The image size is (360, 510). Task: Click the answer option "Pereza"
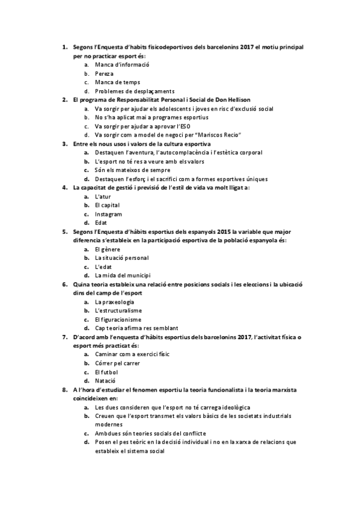[105, 73]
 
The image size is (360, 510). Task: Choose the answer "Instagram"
[109, 214]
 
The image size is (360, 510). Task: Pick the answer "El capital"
[107, 205]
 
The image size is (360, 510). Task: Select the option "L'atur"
[103, 197]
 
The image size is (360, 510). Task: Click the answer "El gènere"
[106, 249]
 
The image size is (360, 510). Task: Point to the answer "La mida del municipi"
[123, 275]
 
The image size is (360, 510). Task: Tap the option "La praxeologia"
[114, 301]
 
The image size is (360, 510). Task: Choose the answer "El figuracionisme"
[118, 319]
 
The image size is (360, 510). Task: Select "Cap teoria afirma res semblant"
[136, 328]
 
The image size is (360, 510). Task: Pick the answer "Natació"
[105, 381]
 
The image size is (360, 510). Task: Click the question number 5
[65, 232]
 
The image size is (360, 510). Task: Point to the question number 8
[65, 390]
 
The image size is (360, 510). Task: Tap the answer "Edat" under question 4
[102, 223]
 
